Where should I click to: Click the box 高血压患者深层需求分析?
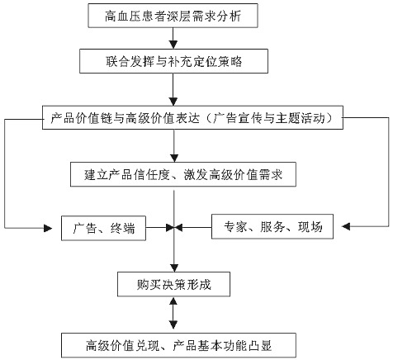click(x=173, y=16)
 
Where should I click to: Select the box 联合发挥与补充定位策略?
click(x=173, y=61)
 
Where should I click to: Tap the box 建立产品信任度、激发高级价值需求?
click(x=183, y=174)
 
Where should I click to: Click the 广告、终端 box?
click(x=103, y=228)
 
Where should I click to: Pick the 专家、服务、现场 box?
click(x=272, y=226)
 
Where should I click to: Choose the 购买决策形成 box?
click(x=173, y=284)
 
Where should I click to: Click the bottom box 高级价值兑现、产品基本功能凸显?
click(x=178, y=345)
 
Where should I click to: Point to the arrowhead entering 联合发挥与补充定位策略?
click(x=173, y=45)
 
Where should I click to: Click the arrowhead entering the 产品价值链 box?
click(x=173, y=102)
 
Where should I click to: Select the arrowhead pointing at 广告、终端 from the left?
click(x=48, y=228)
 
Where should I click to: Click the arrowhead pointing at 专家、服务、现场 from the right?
click(x=346, y=226)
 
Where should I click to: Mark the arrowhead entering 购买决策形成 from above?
click(x=174, y=268)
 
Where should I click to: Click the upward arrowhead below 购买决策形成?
click(x=173, y=301)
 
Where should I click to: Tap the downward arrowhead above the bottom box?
click(x=173, y=324)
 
